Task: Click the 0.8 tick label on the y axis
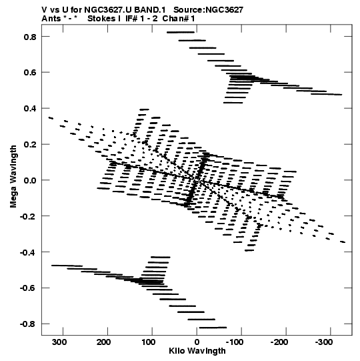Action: (30, 37)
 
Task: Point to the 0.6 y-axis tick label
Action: (30, 73)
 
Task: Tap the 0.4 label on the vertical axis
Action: (30, 109)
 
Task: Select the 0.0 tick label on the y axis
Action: (30, 180)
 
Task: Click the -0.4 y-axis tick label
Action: (28, 252)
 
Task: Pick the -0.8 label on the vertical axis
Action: (28, 324)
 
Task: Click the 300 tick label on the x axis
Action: (59, 342)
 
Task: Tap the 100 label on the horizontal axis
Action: (148, 342)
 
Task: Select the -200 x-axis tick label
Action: (279, 342)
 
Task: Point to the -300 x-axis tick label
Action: (324, 342)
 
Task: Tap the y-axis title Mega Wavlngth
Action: (13, 176)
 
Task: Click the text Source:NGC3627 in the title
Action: (208, 10)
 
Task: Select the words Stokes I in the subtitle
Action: (104, 19)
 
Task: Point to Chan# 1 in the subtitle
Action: (179, 19)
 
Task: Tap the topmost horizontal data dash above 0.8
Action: (181, 32)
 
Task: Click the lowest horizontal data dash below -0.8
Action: (213, 328)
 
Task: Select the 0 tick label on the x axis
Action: (197, 342)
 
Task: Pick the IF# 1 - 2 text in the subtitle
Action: (141, 19)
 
